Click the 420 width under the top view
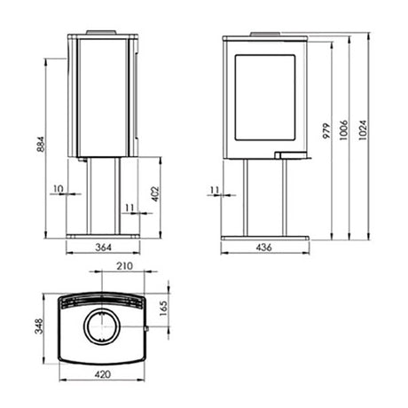click(x=103, y=376)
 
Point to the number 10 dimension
click(x=58, y=189)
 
